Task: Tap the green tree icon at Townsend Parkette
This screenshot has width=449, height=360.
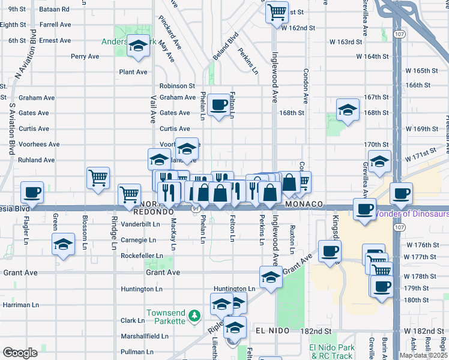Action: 193,315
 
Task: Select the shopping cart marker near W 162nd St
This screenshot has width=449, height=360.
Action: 276,11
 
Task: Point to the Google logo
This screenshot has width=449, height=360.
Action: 19,353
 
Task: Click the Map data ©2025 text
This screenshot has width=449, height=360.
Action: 423,355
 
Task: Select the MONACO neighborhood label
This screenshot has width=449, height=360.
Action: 305,204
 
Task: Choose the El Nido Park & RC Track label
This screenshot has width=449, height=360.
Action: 329,352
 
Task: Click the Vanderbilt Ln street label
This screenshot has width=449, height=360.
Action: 141,224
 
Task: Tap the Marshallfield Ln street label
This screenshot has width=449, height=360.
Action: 143,336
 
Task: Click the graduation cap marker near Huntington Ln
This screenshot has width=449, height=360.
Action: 271,278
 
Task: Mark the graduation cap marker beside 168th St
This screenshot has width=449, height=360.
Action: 348,109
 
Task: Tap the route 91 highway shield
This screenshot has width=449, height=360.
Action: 196,209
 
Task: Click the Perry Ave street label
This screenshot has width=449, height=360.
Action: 85,56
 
